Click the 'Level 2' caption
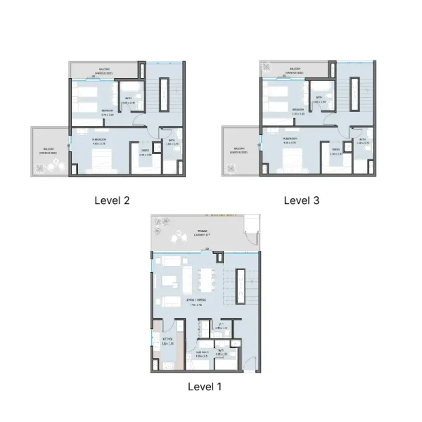[112, 200]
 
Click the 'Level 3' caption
[301, 200]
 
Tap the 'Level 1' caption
[205, 386]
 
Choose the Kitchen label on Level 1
[167, 343]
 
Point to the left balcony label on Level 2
[48, 150]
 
